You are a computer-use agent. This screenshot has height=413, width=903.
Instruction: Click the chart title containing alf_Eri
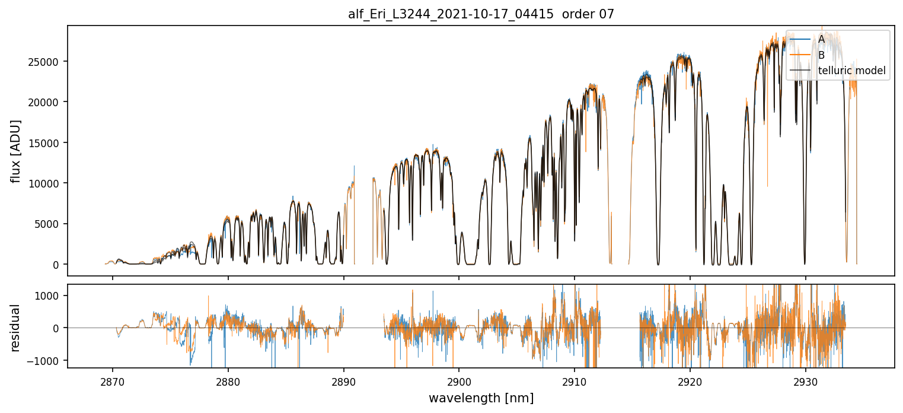coord(481,14)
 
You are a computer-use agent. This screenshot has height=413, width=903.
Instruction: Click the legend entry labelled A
coord(821,39)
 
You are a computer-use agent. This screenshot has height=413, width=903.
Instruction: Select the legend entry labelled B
coord(821,55)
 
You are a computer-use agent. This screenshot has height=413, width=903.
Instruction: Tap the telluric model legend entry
coord(851,71)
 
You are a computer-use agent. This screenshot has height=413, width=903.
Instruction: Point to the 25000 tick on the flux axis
coord(49,62)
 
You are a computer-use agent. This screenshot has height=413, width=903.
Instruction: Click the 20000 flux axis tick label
coord(49,102)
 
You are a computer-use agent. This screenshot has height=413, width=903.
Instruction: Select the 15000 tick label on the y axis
coord(49,143)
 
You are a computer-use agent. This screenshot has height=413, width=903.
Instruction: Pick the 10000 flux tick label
coord(49,183)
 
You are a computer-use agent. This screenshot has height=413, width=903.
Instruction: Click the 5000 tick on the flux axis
coord(51,224)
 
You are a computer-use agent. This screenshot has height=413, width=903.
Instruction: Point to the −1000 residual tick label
coord(49,361)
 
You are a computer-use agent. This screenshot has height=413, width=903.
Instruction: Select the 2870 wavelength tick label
coord(113,380)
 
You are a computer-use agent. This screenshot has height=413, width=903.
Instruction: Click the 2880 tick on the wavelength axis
coord(228,380)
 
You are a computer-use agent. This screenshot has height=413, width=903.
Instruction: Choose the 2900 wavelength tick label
coord(459,380)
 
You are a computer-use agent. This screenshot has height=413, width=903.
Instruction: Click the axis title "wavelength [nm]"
coord(481,398)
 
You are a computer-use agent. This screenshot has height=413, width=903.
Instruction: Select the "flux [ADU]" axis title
coord(16,151)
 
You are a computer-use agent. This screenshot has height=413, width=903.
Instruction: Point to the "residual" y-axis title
coord(16,327)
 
